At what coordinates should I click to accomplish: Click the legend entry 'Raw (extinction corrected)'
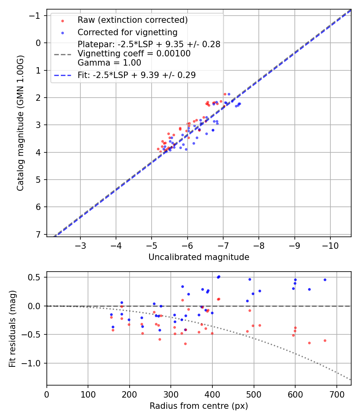click(132, 20)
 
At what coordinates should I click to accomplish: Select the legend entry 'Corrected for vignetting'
click(127, 32)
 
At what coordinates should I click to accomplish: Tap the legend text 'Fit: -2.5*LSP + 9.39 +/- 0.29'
click(136, 75)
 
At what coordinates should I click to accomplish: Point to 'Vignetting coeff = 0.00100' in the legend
click(134, 54)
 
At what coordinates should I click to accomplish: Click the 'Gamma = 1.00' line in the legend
click(109, 62)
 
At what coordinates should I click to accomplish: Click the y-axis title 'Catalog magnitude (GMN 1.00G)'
click(20, 123)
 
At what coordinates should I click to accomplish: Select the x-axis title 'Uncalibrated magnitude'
click(199, 257)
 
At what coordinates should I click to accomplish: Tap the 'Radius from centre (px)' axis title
click(199, 406)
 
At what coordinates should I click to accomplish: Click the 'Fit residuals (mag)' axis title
click(12, 328)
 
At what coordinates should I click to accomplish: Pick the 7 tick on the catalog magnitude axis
click(38, 234)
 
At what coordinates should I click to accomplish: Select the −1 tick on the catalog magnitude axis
click(35, 16)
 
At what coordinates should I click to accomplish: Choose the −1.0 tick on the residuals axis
click(33, 363)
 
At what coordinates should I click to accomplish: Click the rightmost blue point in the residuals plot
click(325, 280)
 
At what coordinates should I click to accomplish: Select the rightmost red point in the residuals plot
click(325, 340)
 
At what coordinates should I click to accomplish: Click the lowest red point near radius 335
click(185, 344)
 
